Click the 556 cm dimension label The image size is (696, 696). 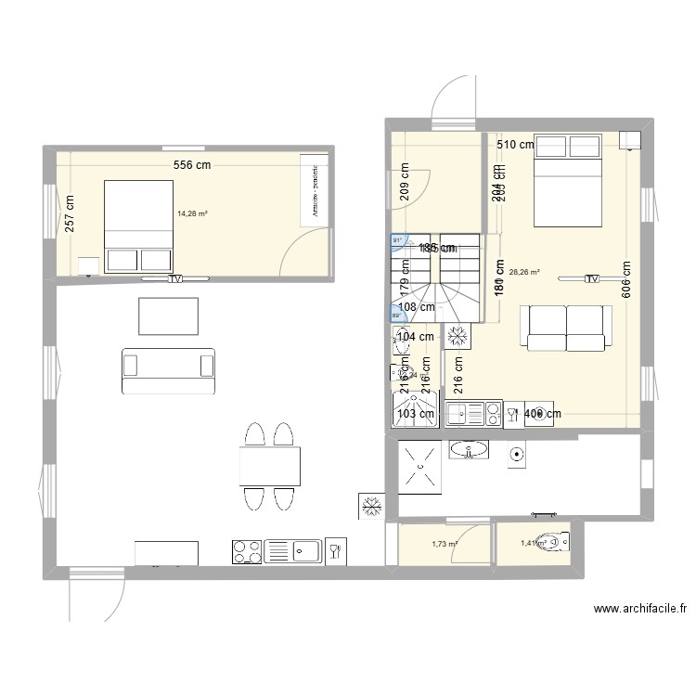click(x=191, y=165)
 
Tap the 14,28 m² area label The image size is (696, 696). click(x=192, y=213)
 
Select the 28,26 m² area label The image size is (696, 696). click(x=524, y=273)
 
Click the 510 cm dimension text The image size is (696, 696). click(x=515, y=145)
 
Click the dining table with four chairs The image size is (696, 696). click(x=269, y=466)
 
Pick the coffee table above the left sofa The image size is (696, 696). click(x=168, y=316)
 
